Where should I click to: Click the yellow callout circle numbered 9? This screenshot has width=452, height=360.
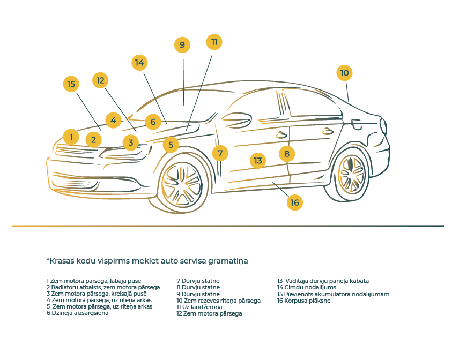point(182,45)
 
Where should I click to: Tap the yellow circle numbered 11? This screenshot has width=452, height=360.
point(214,42)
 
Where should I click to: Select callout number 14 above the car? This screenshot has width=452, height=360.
point(139,62)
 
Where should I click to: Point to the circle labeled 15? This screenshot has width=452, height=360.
point(71,84)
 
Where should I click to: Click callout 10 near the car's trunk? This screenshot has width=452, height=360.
point(344,73)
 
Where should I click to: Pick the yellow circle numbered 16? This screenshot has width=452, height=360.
point(294,202)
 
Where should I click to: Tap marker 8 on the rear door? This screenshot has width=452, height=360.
point(287,154)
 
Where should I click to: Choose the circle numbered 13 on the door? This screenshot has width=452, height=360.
point(258,160)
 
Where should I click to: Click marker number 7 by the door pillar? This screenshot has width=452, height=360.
point(220,153)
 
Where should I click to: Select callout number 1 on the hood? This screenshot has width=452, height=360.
point(71,137)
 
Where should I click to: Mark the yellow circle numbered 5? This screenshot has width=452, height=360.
point(171,144)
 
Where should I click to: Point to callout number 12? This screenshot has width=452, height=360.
point(100,80)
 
